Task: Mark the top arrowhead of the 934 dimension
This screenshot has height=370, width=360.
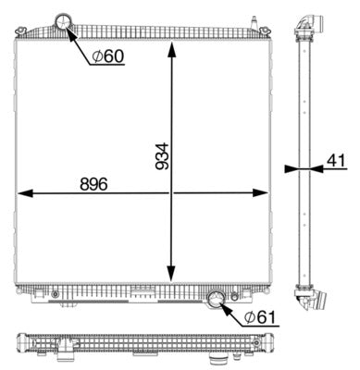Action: pyautogui.click(x=171, y=46)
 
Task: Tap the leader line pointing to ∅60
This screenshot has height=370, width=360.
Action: pyautogui.click(x=81, y=43)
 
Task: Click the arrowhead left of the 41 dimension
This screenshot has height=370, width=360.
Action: pyautogui.click(x=292, y=168)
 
